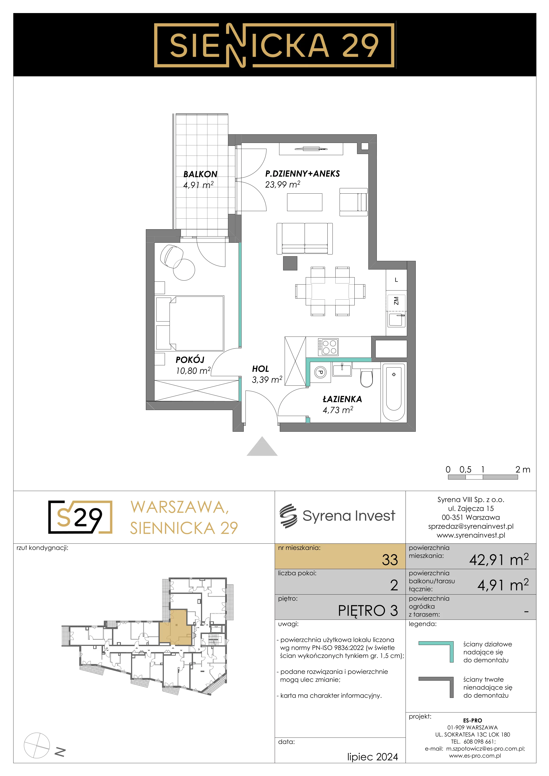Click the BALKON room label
coord(200,174)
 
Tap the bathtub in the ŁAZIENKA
coord(394,392)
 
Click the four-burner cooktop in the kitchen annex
coord(328,347)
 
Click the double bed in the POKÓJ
coord(190,323)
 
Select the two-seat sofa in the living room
coord(305,238)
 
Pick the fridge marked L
coord(396,280)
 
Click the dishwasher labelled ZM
coord(396,300)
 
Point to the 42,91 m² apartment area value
coord(499,559)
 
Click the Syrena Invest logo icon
coord(288,516)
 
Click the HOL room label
coord(260,369)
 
